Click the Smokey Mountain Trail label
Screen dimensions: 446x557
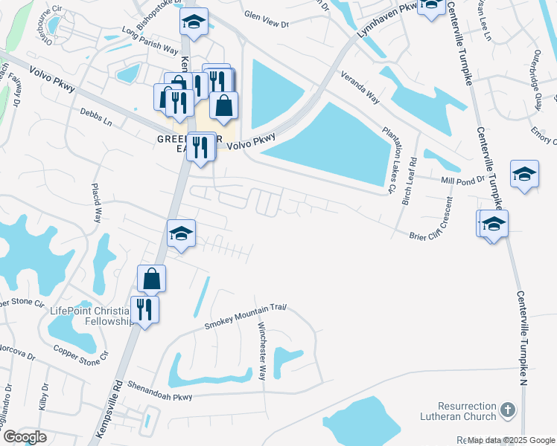(246, 317)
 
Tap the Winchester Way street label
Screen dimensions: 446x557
(262, 351)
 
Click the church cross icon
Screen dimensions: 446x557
(507, 410)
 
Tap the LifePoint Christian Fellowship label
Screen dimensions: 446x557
(89, 316)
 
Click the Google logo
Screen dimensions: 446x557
(24, 437)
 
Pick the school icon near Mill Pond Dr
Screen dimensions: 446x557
(524, 175)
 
